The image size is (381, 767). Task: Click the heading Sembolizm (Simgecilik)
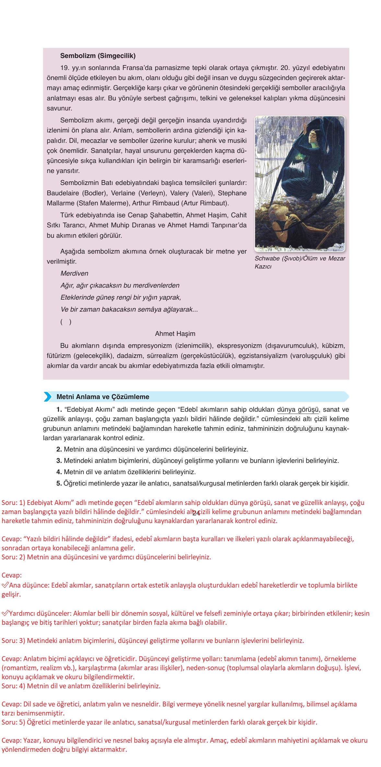(98, 56)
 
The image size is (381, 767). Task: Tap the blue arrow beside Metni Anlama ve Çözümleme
(48, 396)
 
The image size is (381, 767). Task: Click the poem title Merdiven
(74, 273)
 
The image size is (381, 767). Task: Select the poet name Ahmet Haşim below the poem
(175, 334)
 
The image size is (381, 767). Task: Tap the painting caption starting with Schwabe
(300, 262)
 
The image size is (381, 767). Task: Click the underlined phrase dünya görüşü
(298, 409)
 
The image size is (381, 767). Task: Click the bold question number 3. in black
(59, 461)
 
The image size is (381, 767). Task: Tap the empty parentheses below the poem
(66, 322)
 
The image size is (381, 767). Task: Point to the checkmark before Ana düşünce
(5, 585)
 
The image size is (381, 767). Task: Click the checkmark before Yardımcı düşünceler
(5, 613)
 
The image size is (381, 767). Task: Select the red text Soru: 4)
(13, 686)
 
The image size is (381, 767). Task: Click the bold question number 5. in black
(59, 483)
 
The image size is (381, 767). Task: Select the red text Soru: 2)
(13, 557)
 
